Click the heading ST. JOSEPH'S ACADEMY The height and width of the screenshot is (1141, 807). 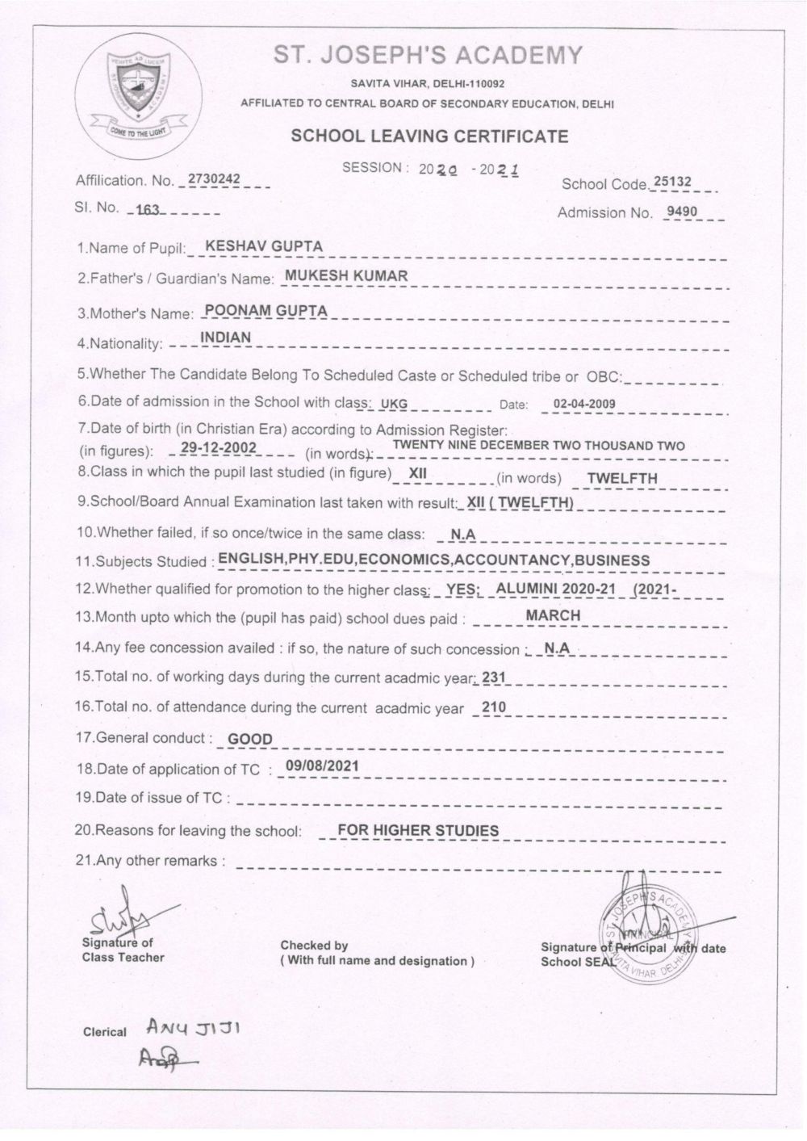[x=428, y=56]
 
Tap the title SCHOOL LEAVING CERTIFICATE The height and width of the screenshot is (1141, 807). [x=429, y=136]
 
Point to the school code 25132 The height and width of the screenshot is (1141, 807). [x=672, y=182]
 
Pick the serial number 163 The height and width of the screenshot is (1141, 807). [x=148, y=209]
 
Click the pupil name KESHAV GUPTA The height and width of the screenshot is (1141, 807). [x=253, y=245]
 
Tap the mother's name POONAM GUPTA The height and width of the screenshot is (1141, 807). [x=266, y=310]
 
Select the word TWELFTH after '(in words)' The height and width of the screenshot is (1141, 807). [x=621, y=478]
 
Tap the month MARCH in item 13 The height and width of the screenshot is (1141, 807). [x=553, y=615]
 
